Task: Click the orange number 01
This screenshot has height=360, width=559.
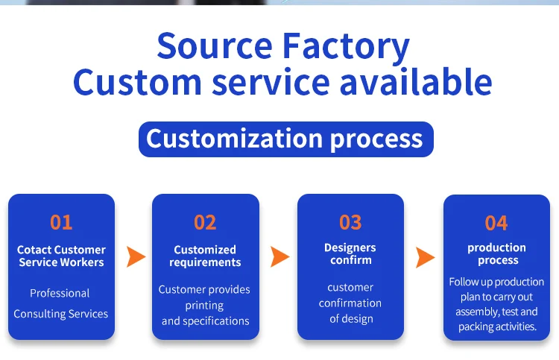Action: [x=61, y=222]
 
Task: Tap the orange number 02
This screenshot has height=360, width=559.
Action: [x=205, y=222]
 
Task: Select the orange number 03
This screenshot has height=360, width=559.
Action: [x=350, y=222]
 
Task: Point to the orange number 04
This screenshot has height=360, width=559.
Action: [x=496, y=223]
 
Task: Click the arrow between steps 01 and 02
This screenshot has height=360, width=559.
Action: [x=136, y=256]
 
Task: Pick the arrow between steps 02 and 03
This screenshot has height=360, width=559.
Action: [x=279, y=256]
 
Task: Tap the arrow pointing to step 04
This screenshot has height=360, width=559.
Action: [x=426, y=257]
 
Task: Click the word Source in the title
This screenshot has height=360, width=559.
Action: [x=215, y=45]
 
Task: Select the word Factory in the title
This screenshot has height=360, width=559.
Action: [x=346, y=48]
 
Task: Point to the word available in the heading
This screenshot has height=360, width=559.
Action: [x=416, y=82]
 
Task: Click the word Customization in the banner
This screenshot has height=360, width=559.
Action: [x=235, y=139]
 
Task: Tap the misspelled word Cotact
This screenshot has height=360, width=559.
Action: [x=34, y=250]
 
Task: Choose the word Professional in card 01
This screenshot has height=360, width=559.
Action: [x=60, y=294]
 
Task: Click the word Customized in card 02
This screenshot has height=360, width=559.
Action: [x=205, y=250]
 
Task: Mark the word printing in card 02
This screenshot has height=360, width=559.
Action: [x=205, y=306]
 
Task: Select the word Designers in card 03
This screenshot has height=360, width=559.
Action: [x=350, y=248]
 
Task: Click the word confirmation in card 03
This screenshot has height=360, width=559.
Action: [x=350, y=303]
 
